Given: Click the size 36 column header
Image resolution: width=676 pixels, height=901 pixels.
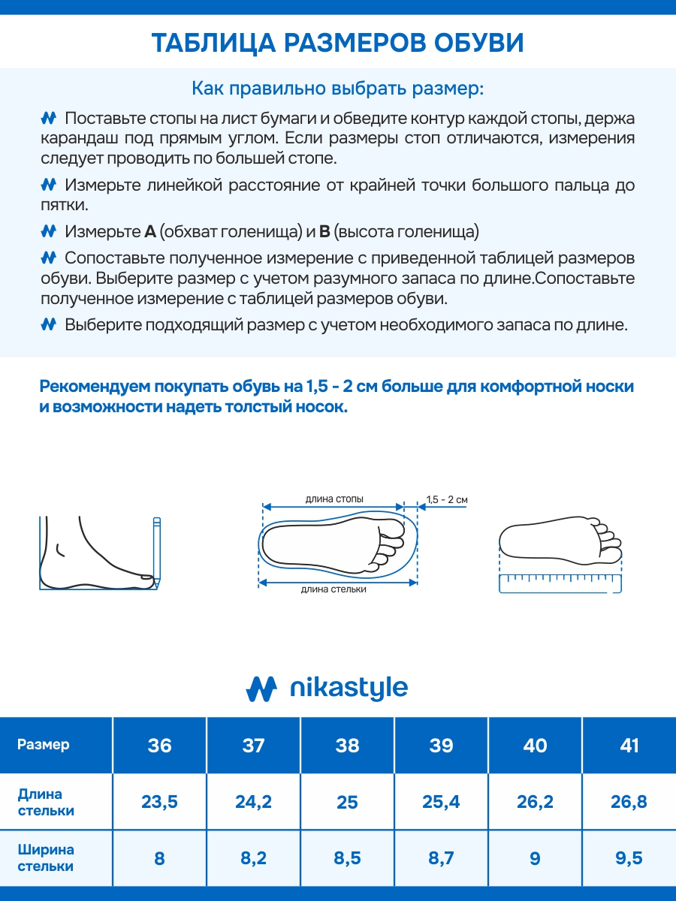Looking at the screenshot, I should click(x=159, y=746).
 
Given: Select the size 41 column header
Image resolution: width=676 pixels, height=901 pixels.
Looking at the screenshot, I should click(x=629, y=746).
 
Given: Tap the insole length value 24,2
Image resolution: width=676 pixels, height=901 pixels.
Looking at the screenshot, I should click(x=253, y=802).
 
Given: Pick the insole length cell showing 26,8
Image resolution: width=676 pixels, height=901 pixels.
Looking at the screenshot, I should click(x=629, y=802).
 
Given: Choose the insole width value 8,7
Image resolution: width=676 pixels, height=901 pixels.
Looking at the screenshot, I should click(x=441, y=857).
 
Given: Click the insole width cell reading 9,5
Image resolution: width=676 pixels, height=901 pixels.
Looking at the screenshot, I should click(x=629, y=857).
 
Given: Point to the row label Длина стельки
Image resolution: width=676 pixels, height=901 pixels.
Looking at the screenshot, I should click(x=46, y=802).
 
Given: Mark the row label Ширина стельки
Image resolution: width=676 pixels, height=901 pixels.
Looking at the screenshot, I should click(x=46, y=857).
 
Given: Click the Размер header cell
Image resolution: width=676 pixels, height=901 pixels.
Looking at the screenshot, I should click(x=44, y=745).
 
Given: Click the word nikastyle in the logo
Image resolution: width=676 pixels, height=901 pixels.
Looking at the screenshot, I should click(x=349, y=688).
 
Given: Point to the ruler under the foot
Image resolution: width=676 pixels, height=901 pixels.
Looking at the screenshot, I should click(x=560, y=583).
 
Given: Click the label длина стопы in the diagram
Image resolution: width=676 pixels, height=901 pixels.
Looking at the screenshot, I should click(x=334, y=499).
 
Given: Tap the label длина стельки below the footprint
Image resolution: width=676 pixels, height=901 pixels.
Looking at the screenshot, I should click(x=333, y=589).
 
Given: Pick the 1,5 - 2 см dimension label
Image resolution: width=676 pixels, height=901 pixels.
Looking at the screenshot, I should click(x=447, y=499).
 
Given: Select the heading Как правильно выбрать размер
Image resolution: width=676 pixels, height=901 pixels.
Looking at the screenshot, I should click(x=338, y=88).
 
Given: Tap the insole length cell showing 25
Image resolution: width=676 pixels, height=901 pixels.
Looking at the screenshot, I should click(x=347, y=802).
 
